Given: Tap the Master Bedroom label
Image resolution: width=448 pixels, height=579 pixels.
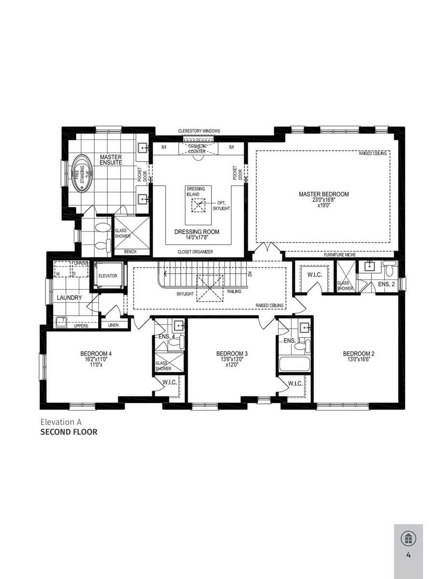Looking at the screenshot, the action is point(324,194).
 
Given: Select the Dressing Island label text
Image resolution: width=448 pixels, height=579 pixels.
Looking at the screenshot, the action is point(196,192).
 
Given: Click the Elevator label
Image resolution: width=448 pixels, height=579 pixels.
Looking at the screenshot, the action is point(108,276).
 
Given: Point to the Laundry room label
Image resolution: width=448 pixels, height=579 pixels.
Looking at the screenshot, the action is point(69,298).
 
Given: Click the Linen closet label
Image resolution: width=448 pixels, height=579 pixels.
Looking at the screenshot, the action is point(114,325).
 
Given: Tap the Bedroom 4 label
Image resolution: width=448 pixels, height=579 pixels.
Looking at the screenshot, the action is point(96,354).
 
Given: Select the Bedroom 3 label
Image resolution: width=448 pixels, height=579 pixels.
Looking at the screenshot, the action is point(232,354).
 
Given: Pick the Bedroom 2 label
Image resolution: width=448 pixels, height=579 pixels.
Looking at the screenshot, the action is point(359,354).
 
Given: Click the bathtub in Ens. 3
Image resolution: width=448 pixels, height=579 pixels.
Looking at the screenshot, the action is point(294,364).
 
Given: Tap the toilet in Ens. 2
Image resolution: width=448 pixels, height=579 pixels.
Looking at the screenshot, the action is point(390,268).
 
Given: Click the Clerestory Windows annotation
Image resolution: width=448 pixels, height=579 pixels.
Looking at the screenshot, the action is point(199,131).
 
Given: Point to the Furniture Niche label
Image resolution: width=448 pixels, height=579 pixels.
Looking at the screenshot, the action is point(340,255).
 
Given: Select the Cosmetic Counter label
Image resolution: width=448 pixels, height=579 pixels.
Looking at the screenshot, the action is point(197,149).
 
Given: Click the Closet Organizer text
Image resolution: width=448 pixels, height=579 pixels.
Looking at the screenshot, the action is point(195,252).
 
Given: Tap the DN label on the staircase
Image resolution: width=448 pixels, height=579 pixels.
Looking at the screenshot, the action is point(250,274).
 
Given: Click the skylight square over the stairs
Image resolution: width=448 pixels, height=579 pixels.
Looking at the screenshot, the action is point(210,289).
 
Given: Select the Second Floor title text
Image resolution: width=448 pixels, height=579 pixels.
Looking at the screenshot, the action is point(69,432).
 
